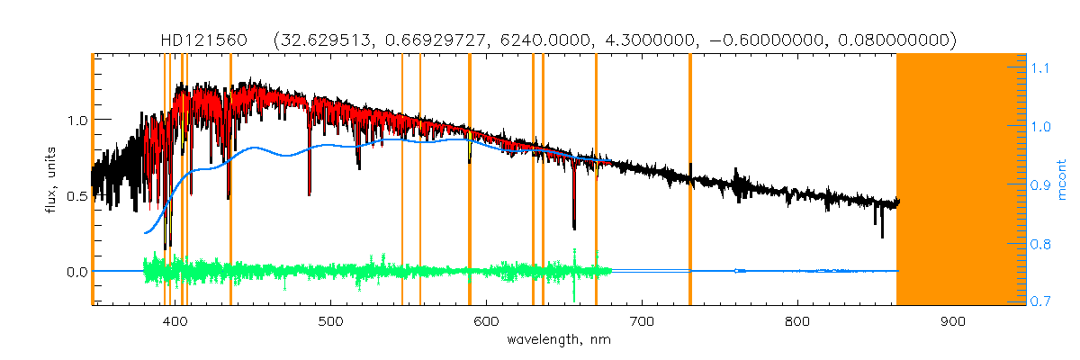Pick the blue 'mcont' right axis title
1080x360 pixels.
point(1062,180)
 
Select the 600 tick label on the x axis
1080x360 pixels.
point(486,321)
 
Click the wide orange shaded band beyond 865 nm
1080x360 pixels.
point(961,180)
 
